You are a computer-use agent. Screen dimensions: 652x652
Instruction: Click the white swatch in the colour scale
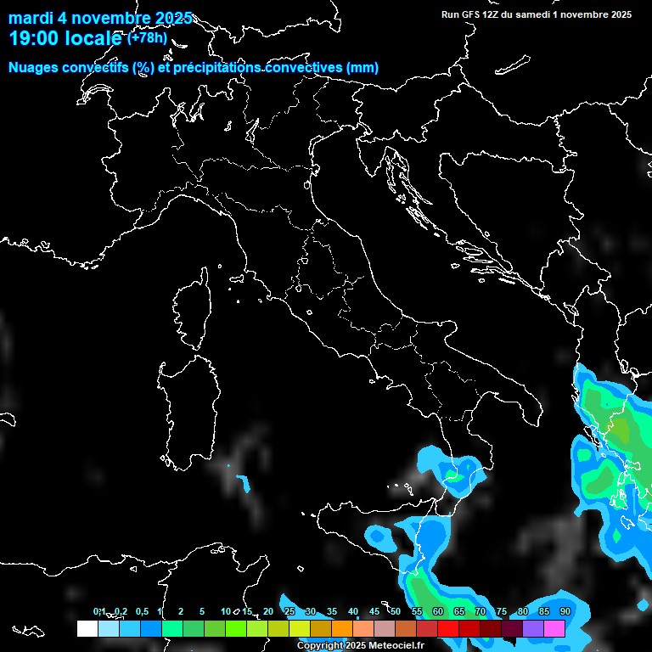[87, 628]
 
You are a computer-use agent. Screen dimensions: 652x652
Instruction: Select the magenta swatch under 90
[554, 628]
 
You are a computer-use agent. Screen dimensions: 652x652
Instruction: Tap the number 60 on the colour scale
[438, 612]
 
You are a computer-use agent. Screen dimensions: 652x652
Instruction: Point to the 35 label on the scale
[332, 612]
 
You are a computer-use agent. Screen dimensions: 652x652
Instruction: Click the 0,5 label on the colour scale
[141, 612]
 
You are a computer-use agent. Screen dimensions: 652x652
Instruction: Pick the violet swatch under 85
[533, 628]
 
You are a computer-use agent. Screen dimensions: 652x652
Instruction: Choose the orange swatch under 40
[342, 628]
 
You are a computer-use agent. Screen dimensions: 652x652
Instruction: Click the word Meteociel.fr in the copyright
[396, 646]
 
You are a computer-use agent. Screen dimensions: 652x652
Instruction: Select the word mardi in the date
[29, 18]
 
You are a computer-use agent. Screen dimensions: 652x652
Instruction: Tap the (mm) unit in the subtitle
[363, 68]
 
